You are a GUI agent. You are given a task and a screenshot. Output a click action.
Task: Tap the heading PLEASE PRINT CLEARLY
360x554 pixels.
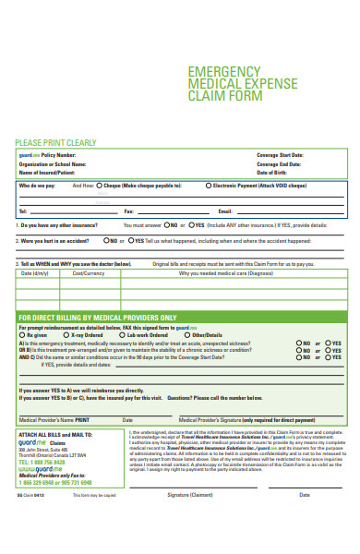[54, 143]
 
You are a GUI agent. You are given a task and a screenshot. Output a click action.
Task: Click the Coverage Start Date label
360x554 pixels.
[279, 155]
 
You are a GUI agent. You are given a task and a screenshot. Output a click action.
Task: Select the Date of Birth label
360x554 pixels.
[274, 172]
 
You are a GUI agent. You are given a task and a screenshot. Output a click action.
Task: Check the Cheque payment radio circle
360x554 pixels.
[102, 186]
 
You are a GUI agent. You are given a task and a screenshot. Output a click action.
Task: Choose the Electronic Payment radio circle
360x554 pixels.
[209, 186]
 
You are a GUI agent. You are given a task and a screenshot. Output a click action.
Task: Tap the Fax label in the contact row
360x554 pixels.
[129, 211]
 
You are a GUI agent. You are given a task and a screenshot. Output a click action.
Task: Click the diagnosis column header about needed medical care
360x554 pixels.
[226, 273]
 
